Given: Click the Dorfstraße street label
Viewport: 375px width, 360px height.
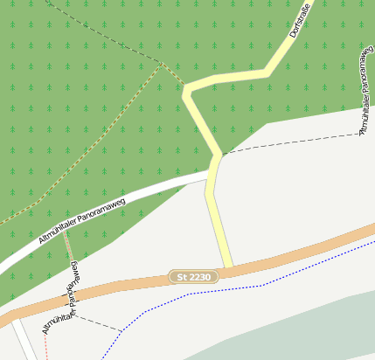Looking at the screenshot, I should (299, 22).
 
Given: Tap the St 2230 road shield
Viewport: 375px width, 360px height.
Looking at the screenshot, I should (194, 277).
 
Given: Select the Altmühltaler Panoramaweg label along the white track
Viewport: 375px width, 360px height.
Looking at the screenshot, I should (83, 220).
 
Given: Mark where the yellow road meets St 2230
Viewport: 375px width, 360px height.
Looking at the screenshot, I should (227, 267).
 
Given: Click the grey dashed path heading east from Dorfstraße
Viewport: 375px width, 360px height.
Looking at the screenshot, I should (288, 145).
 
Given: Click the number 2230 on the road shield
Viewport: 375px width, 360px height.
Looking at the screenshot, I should (199, 277).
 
